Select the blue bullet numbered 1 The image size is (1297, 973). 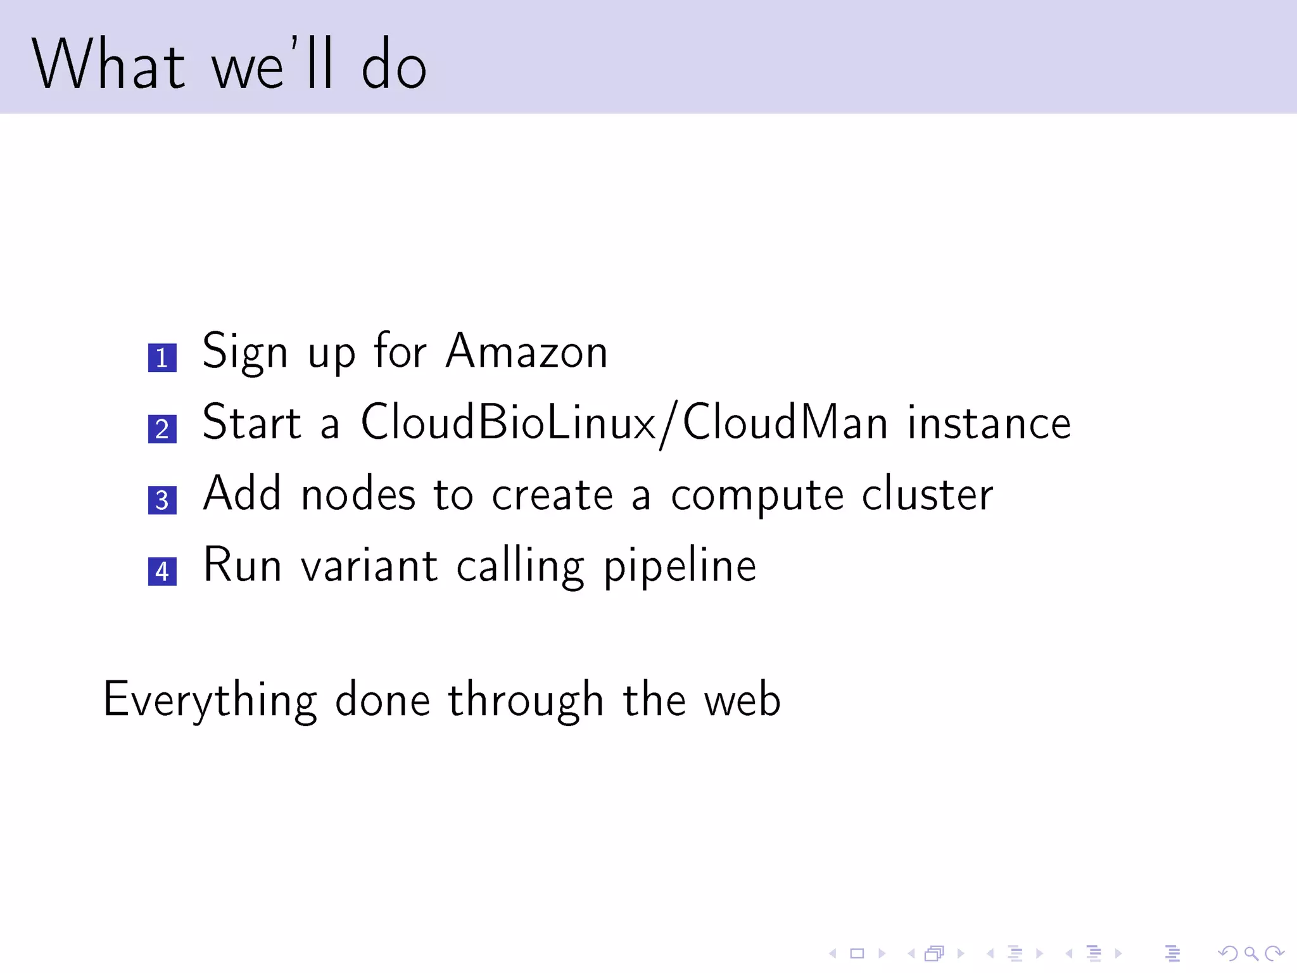162,358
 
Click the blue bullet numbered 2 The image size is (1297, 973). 162,429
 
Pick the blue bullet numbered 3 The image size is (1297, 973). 162,500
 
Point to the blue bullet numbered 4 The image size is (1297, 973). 162,571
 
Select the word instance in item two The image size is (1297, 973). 989,423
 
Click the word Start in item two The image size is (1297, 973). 251,423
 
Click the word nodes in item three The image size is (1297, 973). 358,494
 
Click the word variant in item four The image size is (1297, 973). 369,565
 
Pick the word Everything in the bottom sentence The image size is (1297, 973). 210,701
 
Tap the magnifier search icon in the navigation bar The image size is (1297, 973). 1251,953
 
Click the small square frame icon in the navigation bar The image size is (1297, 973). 857,953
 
